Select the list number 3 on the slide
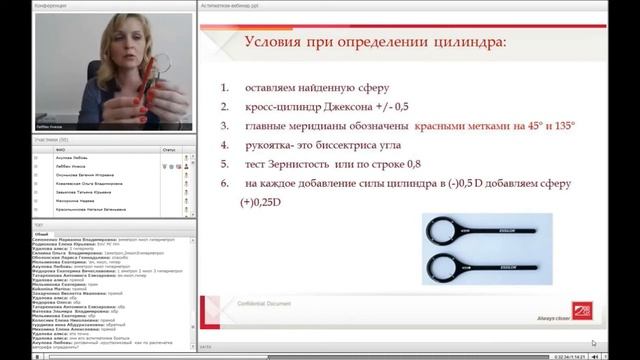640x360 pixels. pyautogui.click(x=225, y=126)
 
